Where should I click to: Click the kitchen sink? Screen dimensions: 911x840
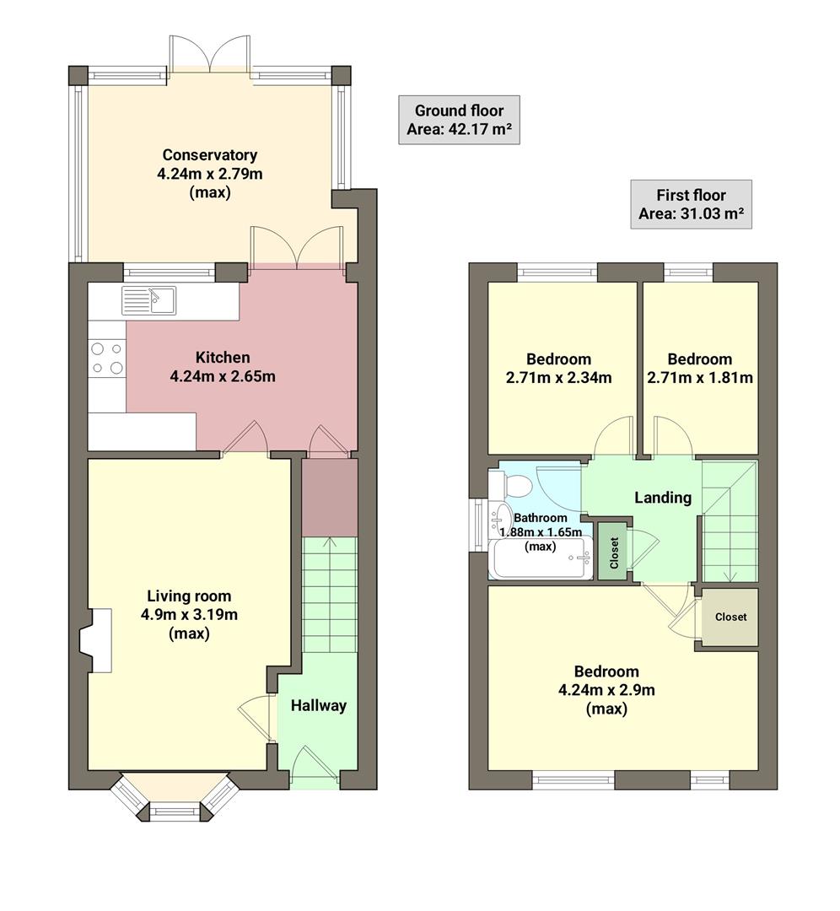148,299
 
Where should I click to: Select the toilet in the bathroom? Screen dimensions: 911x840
514,485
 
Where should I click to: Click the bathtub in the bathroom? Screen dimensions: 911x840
540,559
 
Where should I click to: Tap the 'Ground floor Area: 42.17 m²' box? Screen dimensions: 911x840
459,120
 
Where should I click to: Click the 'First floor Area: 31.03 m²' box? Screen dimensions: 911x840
691,204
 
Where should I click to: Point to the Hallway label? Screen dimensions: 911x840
319,705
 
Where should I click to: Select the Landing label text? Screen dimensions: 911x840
662,498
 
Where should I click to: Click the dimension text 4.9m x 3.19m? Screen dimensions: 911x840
189,615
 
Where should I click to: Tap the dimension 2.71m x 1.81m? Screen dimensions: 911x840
699,377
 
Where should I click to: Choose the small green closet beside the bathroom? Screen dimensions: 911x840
612,552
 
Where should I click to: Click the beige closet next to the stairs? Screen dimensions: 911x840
730,617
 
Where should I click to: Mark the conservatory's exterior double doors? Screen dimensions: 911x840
210,56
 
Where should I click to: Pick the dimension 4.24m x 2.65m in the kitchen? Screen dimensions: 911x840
223,376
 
